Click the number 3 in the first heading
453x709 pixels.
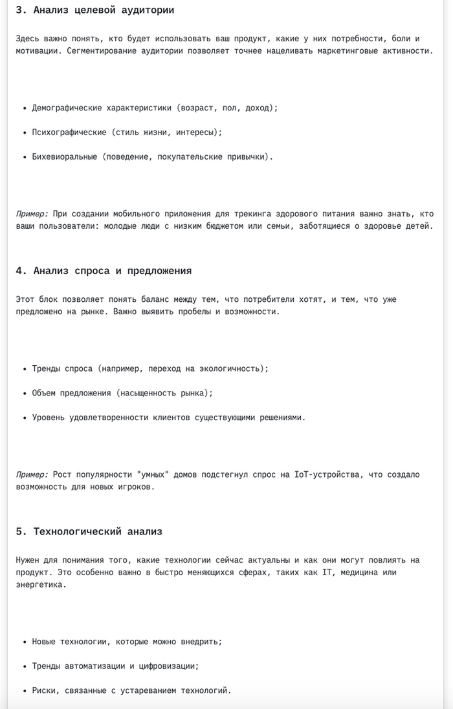tap(19, 10)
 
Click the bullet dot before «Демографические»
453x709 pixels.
tap(24, 108)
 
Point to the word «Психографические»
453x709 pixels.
tap(69, 132)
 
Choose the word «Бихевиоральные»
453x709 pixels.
tap(64, 156)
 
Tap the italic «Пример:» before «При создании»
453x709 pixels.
tap(32, 213)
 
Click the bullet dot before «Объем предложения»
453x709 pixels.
tap(24, 393)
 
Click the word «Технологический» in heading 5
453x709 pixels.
tap(77, 531)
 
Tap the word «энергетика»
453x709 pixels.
tap(40, 584)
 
